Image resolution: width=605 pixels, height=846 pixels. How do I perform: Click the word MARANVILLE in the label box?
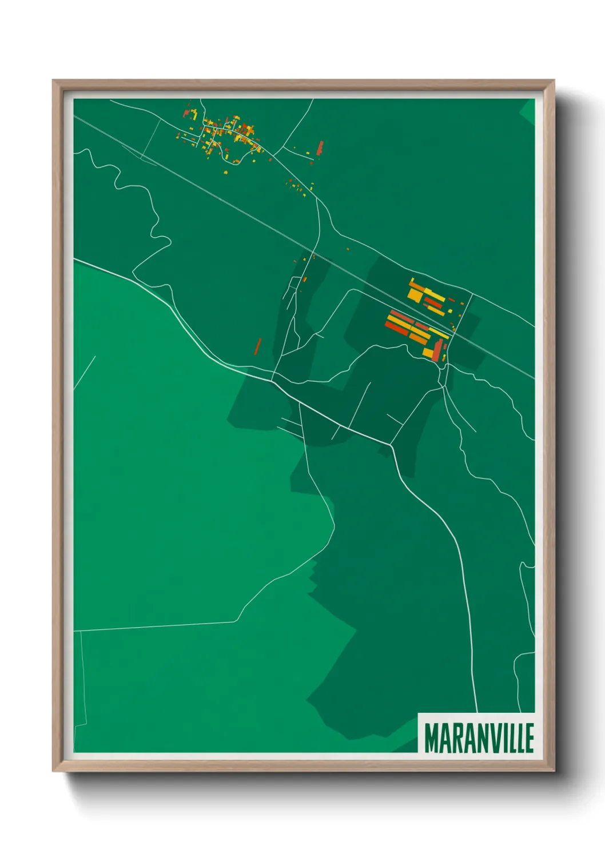point(479,738)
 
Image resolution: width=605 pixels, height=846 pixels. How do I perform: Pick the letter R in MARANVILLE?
point(455,738)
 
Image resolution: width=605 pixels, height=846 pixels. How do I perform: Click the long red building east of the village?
point(320,148)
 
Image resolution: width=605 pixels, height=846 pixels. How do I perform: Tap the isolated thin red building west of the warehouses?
point(258,346)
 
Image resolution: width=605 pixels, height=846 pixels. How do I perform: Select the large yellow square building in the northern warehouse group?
point(416,294)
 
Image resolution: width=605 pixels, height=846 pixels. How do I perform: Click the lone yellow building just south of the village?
point(226,171)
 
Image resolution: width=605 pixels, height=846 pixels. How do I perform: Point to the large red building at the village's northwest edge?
point(186,114)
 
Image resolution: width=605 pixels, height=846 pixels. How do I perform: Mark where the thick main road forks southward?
point(392,444)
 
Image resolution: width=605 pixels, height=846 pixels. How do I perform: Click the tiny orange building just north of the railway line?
point(348,249)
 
